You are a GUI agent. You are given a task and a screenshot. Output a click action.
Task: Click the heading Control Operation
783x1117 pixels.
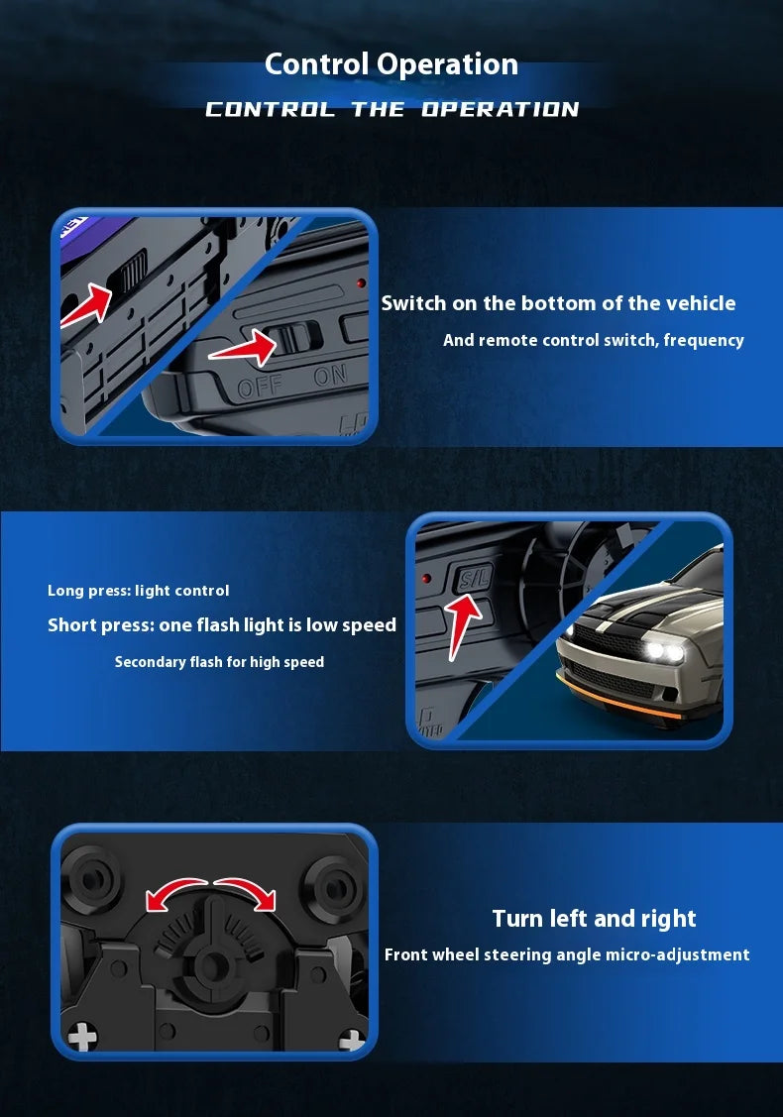coord(391,64)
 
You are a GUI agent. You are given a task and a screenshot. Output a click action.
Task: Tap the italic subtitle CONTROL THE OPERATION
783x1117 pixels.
coord(391,109)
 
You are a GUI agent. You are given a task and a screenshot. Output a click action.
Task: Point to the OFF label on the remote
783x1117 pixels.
coord(260,386)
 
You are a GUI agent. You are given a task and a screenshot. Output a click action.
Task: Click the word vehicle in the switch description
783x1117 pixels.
coord(700,303)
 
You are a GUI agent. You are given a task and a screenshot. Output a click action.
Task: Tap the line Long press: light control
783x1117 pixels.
coord(138,591)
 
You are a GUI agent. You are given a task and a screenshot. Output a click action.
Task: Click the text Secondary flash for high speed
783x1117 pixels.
coord(219,661)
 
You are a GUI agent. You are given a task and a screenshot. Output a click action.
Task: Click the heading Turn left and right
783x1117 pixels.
coord(594,918)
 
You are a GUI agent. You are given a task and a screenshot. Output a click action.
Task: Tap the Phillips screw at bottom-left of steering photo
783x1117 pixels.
coord(82,1038)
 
